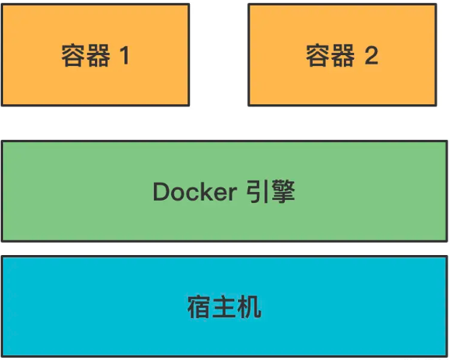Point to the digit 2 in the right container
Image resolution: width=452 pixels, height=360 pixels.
tap(371, 55)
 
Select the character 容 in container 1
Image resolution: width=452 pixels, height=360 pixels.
tap(74, 55)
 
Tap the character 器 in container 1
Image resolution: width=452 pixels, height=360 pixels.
tap(98, 55)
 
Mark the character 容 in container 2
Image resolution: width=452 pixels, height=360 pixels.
tap(319, 55)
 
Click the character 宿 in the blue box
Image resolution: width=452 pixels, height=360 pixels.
tap(200, 307)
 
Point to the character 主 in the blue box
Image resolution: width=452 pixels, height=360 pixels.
tap(225, 307)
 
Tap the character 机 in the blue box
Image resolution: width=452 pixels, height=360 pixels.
tap(249, 307)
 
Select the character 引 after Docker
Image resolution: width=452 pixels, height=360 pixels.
tap(258, 191)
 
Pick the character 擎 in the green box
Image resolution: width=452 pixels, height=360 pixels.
tap(282, 191)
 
